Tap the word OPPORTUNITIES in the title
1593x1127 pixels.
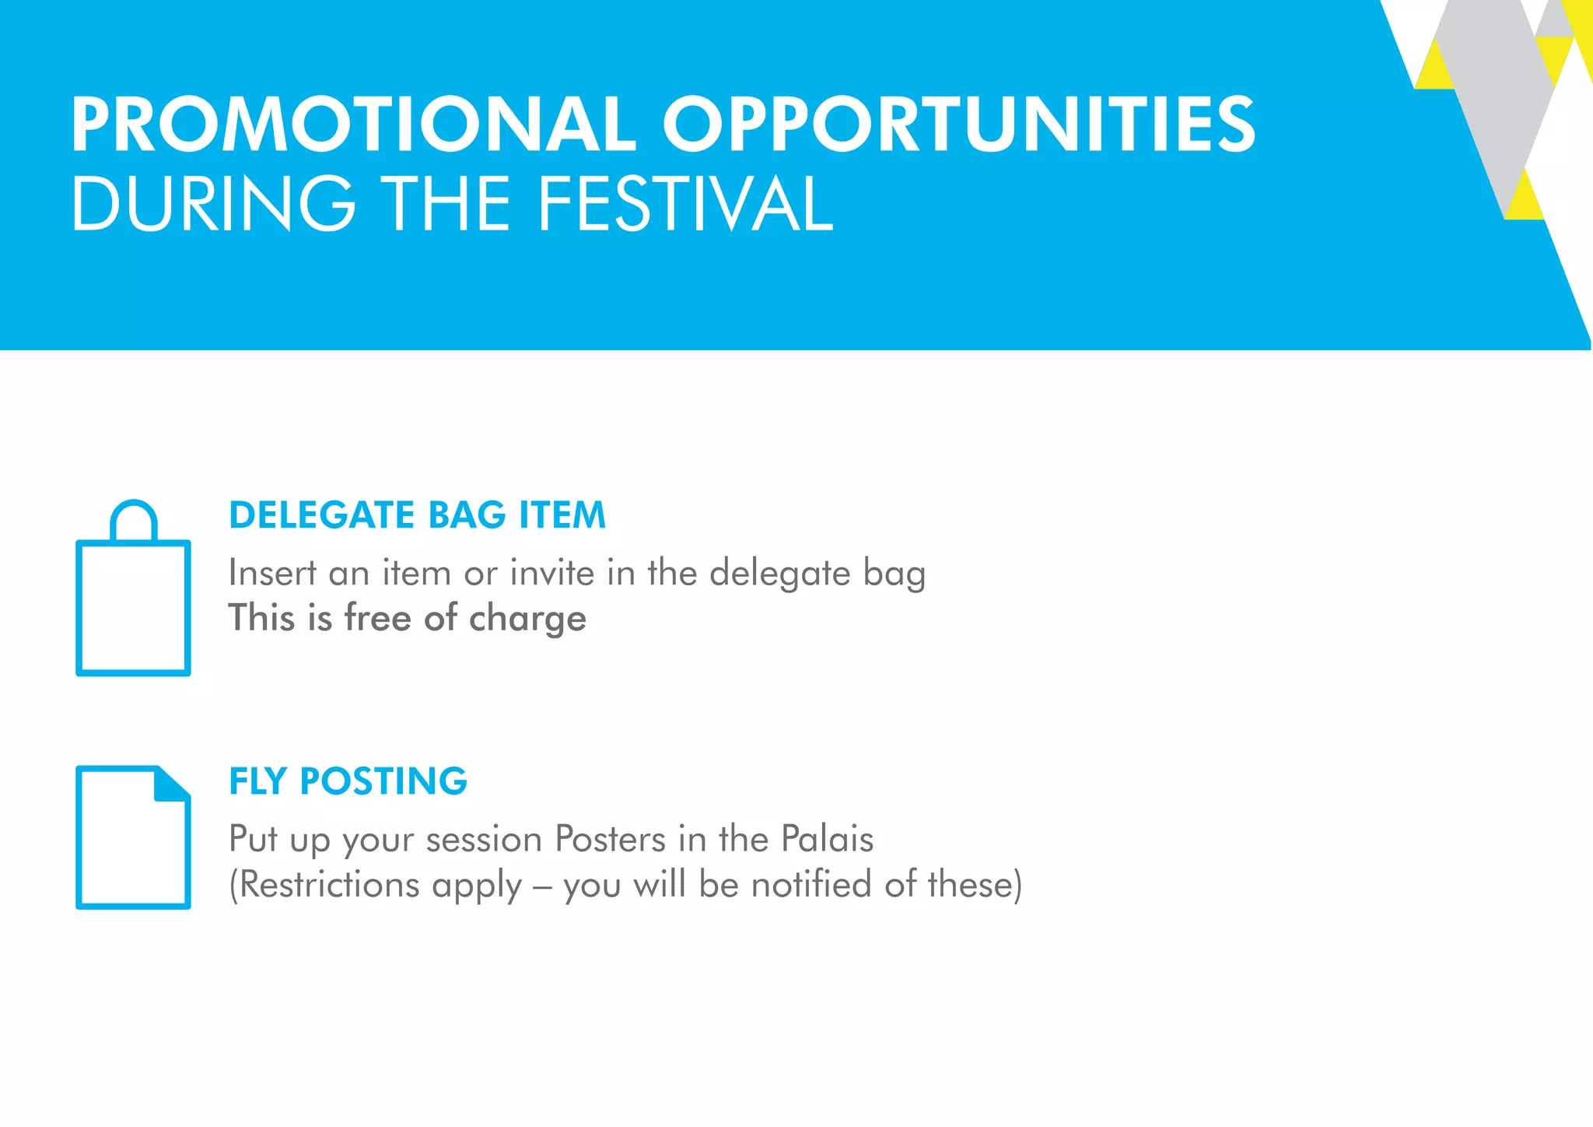(x=958, y=125)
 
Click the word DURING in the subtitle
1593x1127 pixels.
(x=213, y=204)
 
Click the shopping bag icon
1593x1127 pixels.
(x=133, y=607)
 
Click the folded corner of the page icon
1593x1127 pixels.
(x=173, y=782)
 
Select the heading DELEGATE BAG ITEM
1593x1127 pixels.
(x=417, y=515)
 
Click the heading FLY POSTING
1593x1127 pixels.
(x=348, y=781)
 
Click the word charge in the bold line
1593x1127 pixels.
(x=527, y=619)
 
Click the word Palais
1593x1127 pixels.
(x=827, y=839)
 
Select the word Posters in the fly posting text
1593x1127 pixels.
(x=610, y=839)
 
